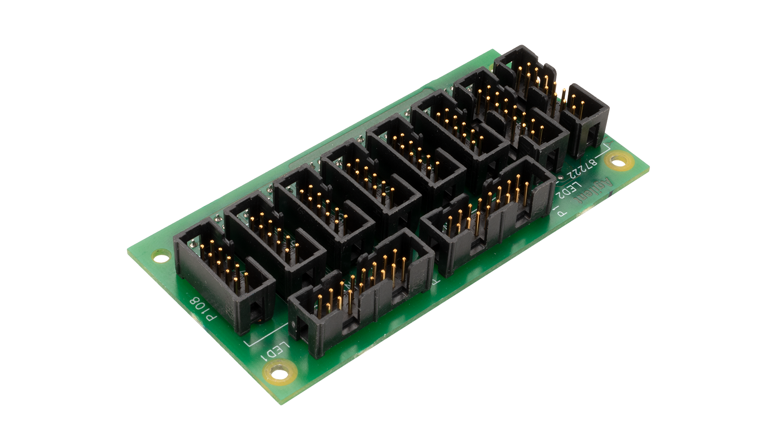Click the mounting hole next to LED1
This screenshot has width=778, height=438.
279,374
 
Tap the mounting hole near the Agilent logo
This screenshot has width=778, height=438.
618,159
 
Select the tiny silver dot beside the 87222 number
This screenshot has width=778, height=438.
561,177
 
